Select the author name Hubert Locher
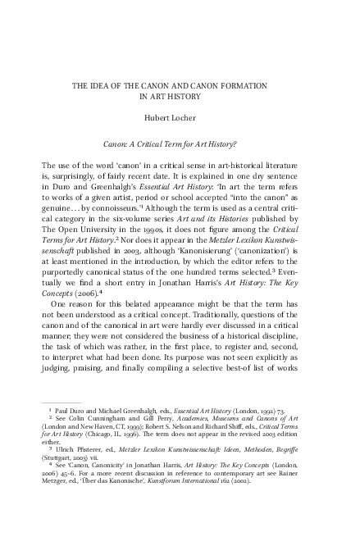coord(179,117)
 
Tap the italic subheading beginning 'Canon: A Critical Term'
coord(179,143)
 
